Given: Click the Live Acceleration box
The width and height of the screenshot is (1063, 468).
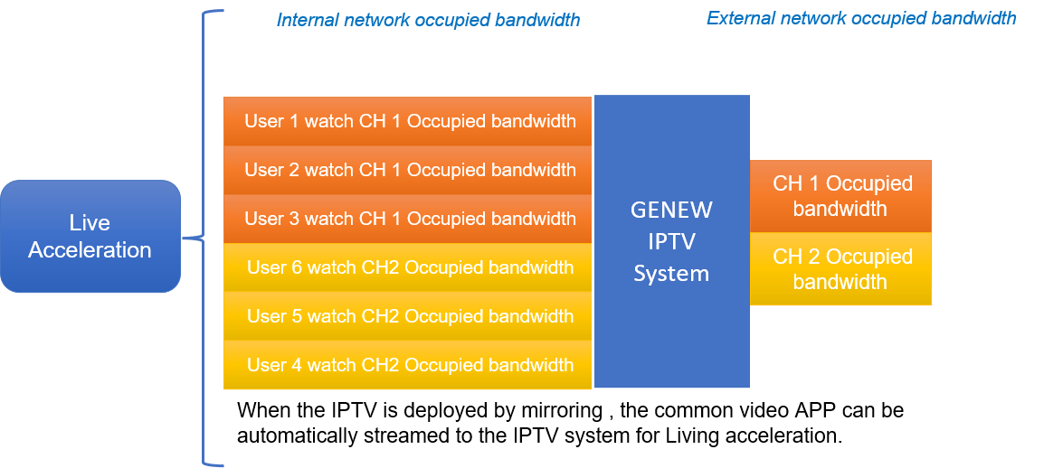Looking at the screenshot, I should [90, 237].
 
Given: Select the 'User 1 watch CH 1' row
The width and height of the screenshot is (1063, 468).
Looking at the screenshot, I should [409, 121].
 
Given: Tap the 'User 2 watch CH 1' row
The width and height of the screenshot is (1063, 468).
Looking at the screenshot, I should [409, 170].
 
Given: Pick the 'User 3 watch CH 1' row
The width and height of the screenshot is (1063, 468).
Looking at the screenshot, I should [409, 219].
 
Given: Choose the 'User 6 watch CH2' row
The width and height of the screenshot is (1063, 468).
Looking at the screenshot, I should [409, 267].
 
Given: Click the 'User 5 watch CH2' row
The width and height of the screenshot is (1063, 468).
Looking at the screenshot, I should [409, 316].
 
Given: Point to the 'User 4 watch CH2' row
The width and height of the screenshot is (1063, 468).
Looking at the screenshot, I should [409, 365].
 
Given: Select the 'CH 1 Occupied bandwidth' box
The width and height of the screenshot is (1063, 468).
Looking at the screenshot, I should [840, 196].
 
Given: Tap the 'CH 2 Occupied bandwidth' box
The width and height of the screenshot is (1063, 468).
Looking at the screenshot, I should [840, 269].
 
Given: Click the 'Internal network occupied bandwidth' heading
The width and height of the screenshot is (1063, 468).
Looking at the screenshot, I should [428, 20].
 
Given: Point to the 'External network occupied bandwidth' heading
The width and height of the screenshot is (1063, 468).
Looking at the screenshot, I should [860, 18].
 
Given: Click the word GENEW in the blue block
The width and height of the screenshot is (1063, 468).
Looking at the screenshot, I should [671, 211].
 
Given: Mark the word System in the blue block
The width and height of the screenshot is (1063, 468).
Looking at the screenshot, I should [671, 274].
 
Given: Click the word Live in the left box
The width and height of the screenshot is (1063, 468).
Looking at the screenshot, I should [90, 223].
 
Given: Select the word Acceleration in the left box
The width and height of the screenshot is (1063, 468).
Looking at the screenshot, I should [90, 250].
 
